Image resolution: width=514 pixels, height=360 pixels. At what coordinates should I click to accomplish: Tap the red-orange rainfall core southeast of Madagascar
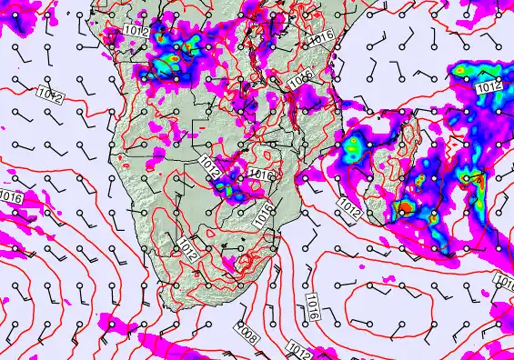[400, 210]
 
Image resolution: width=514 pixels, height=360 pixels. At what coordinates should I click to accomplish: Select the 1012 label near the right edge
[489, 86]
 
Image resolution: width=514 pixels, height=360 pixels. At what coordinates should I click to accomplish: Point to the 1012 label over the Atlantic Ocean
[50, 94]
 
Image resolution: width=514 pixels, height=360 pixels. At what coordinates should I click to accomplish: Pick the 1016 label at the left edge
[11, 196]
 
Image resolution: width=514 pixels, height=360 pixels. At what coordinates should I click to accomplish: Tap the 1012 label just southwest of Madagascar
[348, 208]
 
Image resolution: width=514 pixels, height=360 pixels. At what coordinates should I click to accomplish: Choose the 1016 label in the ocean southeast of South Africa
[311, 306]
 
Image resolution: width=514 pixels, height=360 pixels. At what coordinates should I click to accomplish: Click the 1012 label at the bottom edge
[297, 349]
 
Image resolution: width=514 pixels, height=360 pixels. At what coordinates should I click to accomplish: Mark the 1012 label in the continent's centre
[210, 165]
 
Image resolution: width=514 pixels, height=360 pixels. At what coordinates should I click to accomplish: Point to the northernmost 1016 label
[320, 37]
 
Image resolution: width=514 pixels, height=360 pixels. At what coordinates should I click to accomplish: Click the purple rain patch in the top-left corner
[20, 22]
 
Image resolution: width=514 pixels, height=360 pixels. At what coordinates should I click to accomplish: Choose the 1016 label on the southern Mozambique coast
[265, 215]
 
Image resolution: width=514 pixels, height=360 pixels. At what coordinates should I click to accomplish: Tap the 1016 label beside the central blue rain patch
[261, 175]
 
